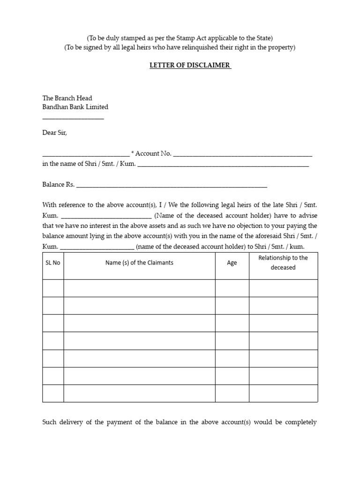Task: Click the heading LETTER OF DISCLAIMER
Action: [x=190, y=65]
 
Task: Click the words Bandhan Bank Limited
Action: [x=75, y=107]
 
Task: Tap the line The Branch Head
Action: [x=67, y=98]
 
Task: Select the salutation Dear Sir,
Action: [x=55, y=133]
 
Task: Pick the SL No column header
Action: [x=53, y=263]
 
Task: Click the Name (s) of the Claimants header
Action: [x=139, y=262]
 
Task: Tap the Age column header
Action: [x=232, y=263]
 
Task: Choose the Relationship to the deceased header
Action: [x=283, y=262]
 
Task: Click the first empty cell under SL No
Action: [x=53, y=288]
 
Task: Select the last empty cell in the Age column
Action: [x=232, y=393]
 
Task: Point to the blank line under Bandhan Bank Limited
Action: [x=73, y=117]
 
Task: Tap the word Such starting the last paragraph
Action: [x=49, y=422]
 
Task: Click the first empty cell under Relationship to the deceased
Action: [x=283, y=288]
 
